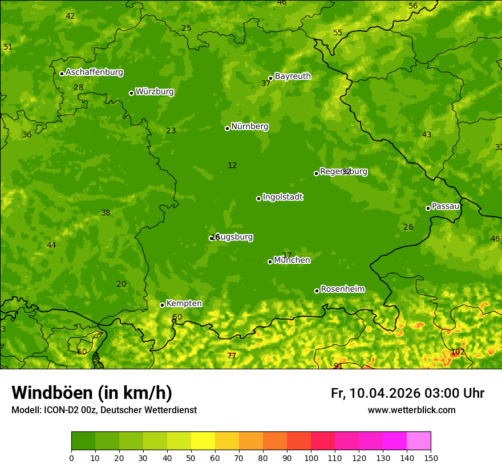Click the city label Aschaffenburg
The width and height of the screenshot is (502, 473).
click(x=94, y=72)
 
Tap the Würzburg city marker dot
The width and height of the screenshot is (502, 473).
click(x=131, y=93)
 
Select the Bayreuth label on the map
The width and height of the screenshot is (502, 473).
click(x=293, y=76)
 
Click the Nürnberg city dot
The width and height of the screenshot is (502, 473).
click(x=227, y=128)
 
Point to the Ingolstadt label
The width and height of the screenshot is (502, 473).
click(x=282, y=197)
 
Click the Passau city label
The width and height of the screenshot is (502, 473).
click(x=446, y=206)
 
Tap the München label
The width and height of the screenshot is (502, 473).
click(x=292, y=260)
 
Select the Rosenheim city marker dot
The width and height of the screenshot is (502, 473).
click(x=317, y=291)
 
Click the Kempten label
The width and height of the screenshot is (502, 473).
click(x=184, y=304)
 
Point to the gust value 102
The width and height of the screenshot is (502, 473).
click(x=458, y=352)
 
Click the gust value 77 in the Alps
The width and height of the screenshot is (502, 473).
click(x=231, y=356)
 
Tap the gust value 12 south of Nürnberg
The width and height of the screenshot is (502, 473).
click(x=232, y=165)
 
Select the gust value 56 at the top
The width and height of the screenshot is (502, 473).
click(x=413, y=6)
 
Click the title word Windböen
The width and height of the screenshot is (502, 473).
click(x=51, y=393)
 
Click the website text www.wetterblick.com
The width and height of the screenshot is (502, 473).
click(x=411, y=410)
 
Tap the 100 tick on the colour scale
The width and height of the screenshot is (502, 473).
click(x=311, y=458)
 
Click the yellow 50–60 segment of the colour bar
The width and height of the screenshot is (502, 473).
click(x=203, y=441)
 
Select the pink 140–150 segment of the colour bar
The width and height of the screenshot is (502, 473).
click(x=419, y=441)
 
